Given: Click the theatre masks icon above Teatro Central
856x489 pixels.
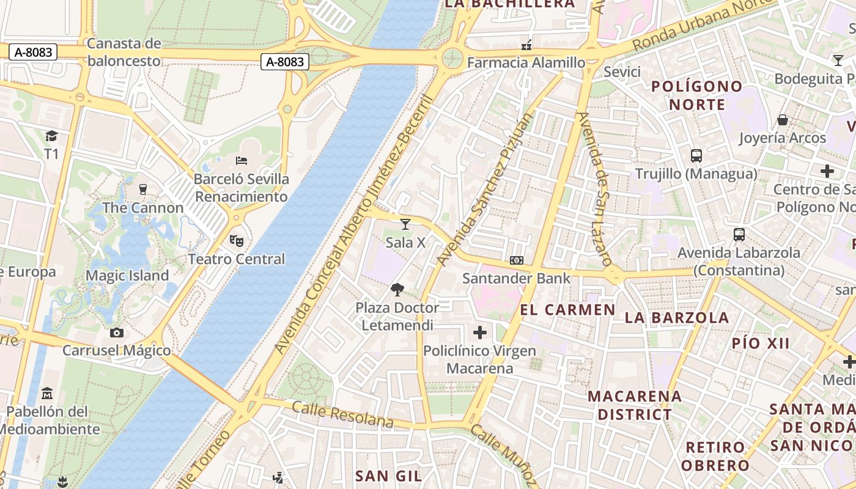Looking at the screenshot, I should (x=237, y=241).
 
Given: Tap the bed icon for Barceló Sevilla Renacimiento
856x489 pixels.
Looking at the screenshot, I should (x=242, y=161).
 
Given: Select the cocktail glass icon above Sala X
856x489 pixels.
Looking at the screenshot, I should (x=405, y=224).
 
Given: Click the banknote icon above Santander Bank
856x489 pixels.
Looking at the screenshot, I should (x=517, y=260).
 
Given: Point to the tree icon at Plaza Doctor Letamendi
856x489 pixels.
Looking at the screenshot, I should (x=398, y=289).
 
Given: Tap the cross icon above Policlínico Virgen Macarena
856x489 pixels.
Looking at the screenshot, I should (x=480, y=333).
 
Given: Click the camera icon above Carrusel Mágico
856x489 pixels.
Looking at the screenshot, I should (x=116, y=333).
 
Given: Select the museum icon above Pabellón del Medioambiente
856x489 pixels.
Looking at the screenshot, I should (x=47, y=394).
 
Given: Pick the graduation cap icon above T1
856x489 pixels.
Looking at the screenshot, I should (x=51, y=136).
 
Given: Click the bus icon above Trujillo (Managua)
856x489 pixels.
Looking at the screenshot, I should (x=696, y=155).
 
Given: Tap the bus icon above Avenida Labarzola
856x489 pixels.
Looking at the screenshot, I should (x=739, y=234).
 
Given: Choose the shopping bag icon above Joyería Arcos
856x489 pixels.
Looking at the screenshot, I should (x=782, y=120).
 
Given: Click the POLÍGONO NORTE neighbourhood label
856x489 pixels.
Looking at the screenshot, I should (x=696, y=95).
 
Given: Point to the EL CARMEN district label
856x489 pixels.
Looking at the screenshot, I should (x=567, y=310).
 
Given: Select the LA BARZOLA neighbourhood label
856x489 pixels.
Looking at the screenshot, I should (x=677, y=318).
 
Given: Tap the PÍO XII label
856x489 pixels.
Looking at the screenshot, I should (x=761, y=344).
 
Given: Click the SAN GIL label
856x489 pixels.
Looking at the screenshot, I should (x=389, y=476).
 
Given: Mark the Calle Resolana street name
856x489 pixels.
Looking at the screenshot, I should (x=342, y=414).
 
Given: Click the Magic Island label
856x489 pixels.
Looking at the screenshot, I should (x=127, y=276).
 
